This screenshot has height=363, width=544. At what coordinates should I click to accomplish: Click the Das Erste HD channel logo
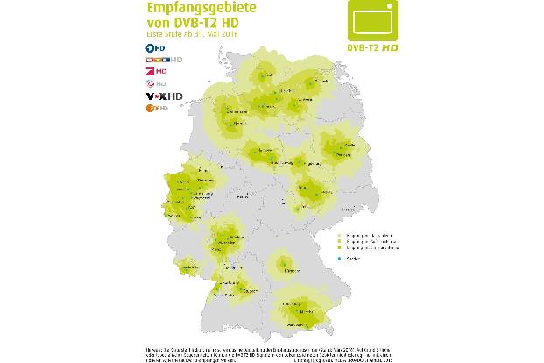152,46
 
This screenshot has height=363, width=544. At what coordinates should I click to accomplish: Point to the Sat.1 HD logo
152,83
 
